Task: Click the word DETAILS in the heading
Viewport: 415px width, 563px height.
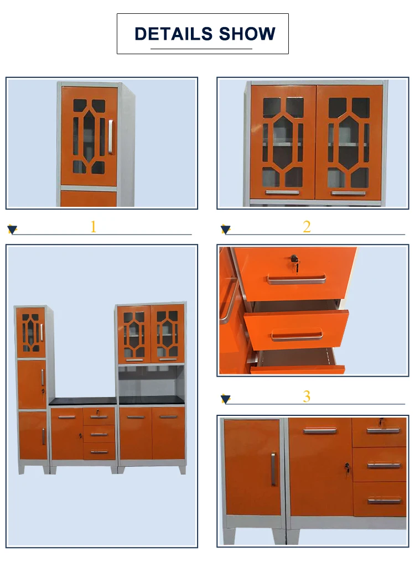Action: click(x=174, y=34)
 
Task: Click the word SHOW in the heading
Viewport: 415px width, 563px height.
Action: click(x=247, y=34)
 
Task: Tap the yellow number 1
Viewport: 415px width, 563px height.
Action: click(x=94, y=227)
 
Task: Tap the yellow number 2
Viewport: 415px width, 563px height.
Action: click(x=307, y=227)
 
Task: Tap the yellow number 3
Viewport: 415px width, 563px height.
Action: click(x=307, y=397)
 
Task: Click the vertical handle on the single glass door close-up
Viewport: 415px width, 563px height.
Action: click(x=110, y=137)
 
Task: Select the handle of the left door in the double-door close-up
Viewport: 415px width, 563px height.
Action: click(x=282, y=193)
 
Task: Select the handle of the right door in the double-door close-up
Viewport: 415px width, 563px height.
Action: click(x=348, y=193)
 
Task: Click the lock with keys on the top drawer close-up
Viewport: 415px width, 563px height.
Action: click(x=294, y=262)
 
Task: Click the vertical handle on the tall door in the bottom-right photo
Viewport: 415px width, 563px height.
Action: click(x=273, y=469)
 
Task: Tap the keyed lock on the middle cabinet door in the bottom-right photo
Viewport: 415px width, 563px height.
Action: click(x=347, y=467)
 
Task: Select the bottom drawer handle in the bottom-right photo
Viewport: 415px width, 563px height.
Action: click(x=384, y=501)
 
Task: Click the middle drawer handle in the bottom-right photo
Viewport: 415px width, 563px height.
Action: click(x=384, y=466)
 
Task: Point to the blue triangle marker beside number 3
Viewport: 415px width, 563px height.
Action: click(x=226, y=399)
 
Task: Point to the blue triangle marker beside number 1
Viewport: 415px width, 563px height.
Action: click(x=12, y=230)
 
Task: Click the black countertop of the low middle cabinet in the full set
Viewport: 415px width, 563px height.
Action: click(x=82, y=402)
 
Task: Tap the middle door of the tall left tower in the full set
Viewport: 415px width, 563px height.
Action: click(x=32, y=384)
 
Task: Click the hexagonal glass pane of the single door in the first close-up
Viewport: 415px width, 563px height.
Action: click(x=89, y=137)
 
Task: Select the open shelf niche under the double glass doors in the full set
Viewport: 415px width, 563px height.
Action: click(x=151, y=381)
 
